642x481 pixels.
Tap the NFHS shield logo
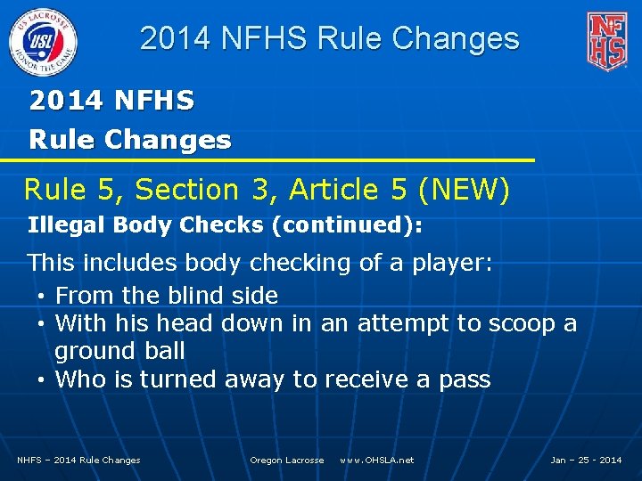[x=606, y=41]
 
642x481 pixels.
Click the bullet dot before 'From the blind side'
[x=42, y=296]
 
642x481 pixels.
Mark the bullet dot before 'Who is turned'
[x=42, y=380]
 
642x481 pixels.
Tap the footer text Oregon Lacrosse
[x=287, y=460]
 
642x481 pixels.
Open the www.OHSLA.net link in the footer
[x=377, y=460]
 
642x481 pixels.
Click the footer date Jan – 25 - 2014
[x=586, y=460]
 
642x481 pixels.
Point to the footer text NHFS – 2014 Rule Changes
[x=79, y=460]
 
